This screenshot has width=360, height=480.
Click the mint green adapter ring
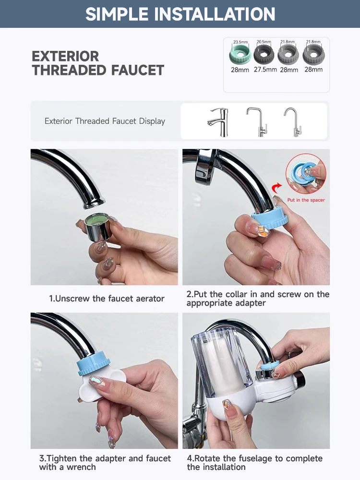pos(240,55)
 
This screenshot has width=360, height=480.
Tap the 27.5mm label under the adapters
pos(265,70)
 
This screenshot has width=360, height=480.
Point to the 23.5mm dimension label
pos(240,42)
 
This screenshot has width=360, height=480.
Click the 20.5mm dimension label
pos(264,42)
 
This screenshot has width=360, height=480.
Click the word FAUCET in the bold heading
pos(138,70)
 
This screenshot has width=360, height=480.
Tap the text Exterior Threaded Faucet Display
pos(105,121)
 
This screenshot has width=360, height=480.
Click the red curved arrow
pos(277,187)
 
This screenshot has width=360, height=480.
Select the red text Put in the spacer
pos(306,200)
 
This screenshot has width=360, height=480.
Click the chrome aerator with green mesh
pos(97,227)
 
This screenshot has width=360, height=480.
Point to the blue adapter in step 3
pos(94,365)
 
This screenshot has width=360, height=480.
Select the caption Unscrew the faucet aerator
pos(107,299)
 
